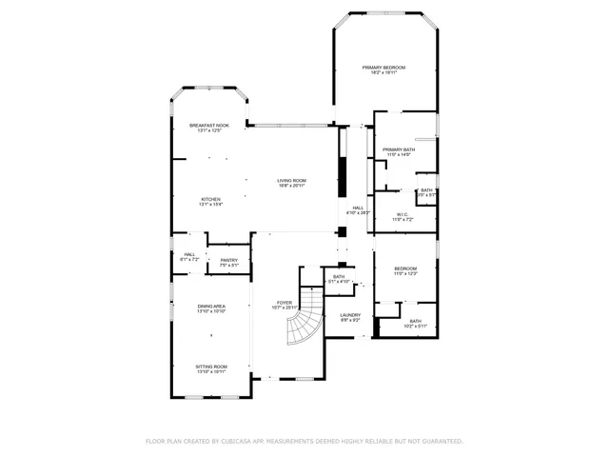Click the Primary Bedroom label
coord(384,68)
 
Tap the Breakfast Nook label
coord(208,126)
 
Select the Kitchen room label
coord(210,199)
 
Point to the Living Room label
coord(291,181)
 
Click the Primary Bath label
coord(399,149)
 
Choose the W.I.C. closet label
coord(403,214)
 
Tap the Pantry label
coord(228,260)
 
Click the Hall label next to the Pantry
coord(189,254)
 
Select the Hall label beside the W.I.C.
coord(358,208)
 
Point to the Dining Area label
coord(210,307)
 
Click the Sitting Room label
coord(210,367)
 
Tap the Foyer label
coord(285,303)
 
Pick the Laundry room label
coord(349,315)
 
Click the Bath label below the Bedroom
coord(416,321)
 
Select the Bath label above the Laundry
coord(339,277)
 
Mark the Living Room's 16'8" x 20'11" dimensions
coord(291,187)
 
